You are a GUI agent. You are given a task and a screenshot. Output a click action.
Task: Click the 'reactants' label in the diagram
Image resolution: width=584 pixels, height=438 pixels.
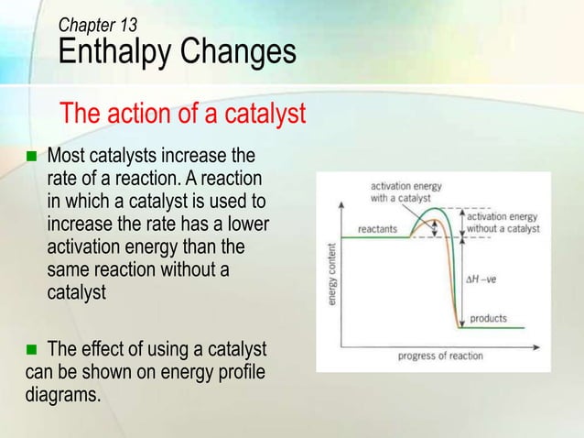pos(376,229)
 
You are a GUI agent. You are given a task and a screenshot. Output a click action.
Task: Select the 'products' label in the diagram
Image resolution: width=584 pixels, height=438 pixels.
pos(489,319)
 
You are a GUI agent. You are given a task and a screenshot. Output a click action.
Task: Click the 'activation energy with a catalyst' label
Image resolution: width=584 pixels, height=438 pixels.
pos(406,191)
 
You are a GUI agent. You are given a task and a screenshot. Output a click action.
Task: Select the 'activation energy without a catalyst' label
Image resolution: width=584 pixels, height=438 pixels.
pos(503,223)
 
